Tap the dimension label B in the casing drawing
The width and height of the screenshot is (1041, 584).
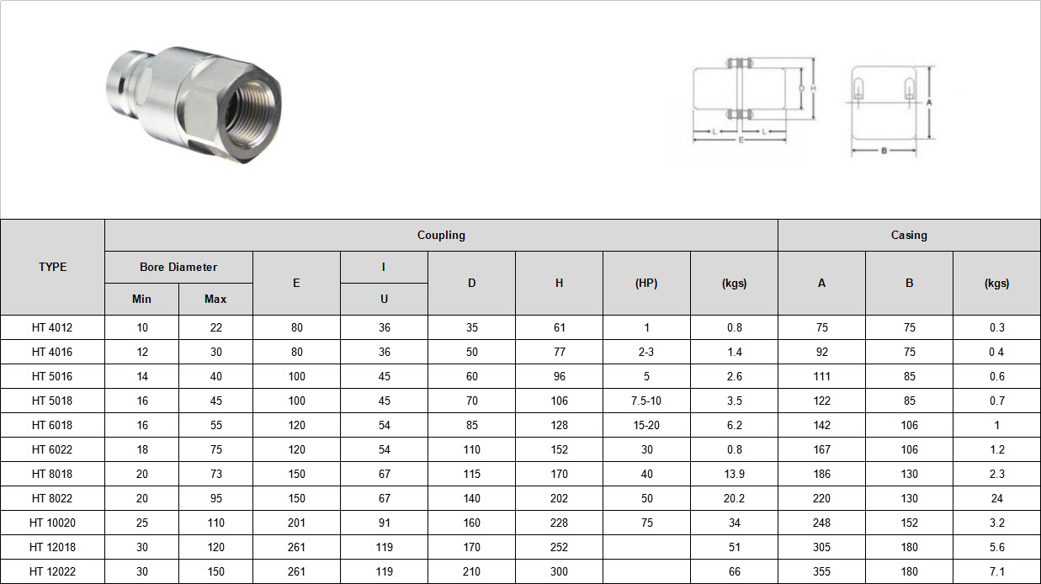884,151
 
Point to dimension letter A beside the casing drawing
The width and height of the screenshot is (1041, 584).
929,102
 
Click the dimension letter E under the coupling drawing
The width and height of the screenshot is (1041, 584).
741,140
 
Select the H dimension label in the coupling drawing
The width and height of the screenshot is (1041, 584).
813,88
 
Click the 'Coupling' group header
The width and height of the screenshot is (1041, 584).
441,235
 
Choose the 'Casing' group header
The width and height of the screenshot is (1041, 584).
909,235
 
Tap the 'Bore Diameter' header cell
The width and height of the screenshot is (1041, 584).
178,267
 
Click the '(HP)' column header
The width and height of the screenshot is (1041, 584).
646,283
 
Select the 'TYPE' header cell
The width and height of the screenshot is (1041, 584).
52,267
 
